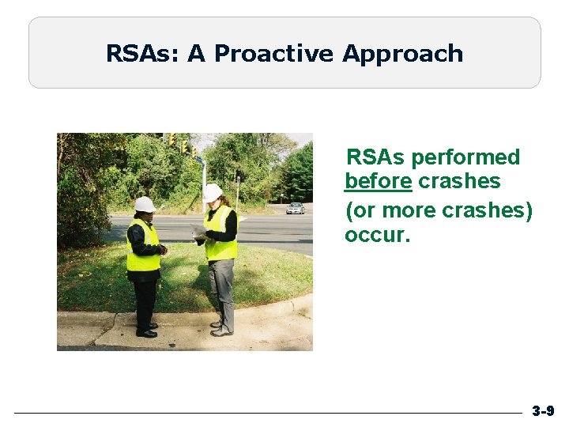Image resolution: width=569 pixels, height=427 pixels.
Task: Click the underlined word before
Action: point(378,181)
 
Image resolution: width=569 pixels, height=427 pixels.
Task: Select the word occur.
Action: point(377,235)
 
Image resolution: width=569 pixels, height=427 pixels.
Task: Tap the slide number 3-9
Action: point(542,411)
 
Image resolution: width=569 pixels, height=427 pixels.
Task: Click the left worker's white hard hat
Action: point(145,204)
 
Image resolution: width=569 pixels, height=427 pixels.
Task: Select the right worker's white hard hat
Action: point(213,192)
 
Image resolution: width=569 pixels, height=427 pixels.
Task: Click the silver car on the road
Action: point(296,208)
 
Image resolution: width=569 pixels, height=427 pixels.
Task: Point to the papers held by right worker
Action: point(198,232)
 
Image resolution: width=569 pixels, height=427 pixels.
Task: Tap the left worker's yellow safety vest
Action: point(142,247)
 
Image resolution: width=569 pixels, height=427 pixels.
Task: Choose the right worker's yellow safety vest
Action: point(220,235)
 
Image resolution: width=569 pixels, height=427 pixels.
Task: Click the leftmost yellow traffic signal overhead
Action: point(171,140)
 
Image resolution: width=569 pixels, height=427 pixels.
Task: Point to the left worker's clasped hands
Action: point(161,249)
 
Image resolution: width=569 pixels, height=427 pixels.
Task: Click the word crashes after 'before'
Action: point(459,181)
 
